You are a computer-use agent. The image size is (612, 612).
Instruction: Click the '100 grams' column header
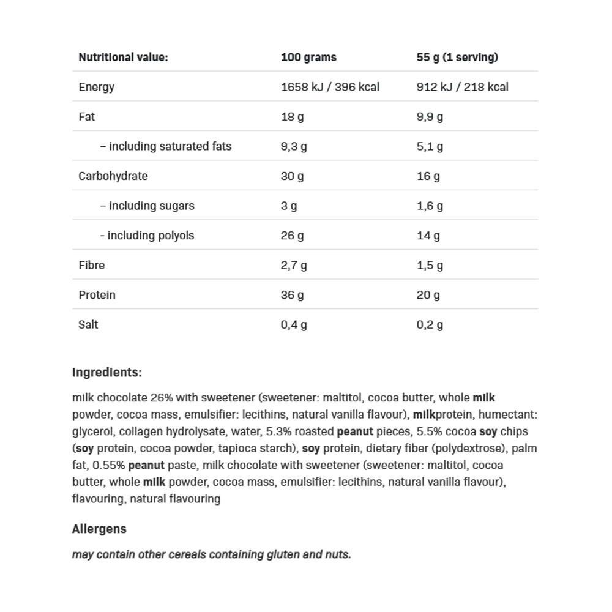point(308,58)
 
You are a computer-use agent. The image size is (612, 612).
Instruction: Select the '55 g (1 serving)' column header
point(457,58)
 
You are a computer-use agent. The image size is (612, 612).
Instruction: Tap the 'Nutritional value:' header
point(123,58)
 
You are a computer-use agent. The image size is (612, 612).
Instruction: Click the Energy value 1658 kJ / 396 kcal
point(330,87)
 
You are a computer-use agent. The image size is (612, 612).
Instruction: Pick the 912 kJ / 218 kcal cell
point(462,87)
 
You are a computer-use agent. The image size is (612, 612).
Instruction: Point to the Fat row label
point(86,116)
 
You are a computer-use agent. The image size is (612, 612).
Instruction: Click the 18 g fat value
point(292,116)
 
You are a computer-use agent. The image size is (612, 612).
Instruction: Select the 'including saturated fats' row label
point(165,146)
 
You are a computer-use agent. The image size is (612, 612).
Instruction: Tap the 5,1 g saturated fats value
point(430,146)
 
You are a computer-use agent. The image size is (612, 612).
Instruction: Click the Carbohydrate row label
point(113,176)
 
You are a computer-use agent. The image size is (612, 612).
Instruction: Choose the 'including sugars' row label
point(147,206)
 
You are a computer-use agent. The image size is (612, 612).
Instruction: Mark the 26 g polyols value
point(292,236)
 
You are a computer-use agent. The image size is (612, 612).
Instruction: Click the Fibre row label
point(91,265)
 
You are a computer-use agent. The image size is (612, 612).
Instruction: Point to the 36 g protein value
point(292,295)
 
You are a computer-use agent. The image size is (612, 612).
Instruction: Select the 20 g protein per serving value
point(428,295)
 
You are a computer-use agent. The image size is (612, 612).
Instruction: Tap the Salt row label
point(88,324)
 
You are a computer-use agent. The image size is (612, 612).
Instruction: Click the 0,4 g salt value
point(294,324)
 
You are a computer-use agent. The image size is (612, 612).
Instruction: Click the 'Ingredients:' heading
point(106,372)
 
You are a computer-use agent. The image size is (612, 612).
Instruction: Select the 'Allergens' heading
point(99,529)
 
